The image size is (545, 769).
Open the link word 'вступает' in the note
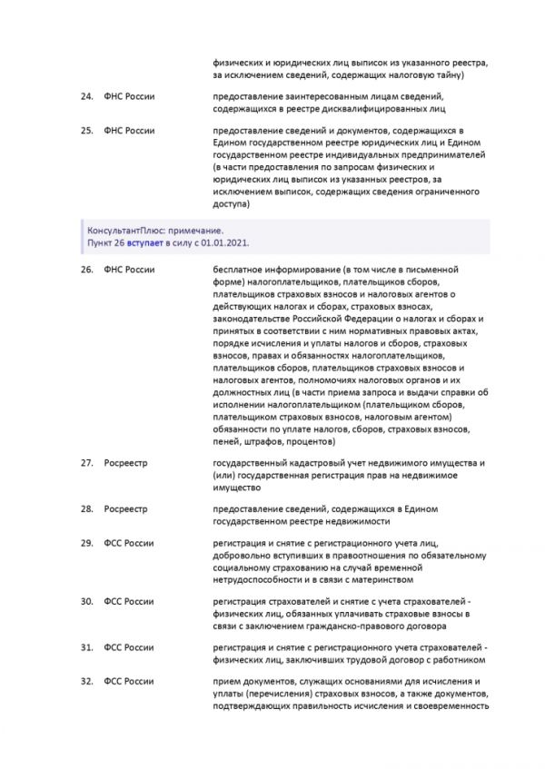[147, 243]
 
